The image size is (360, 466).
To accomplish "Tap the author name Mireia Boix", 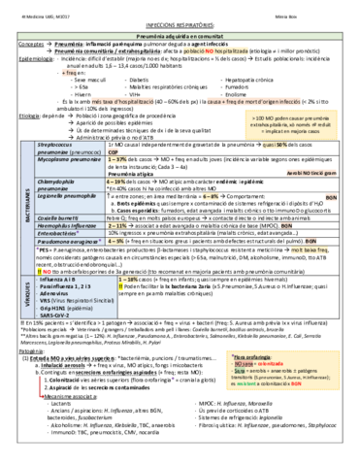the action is tap(327, 7).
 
